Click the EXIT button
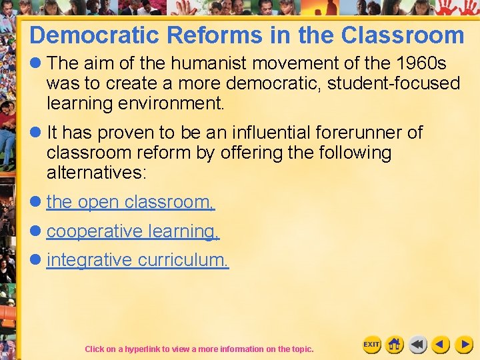tap(371, 345)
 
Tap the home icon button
tap(395, 345)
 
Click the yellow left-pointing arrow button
tap(440, 345)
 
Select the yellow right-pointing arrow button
tap(463, 345)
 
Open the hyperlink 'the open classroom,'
tap(131, 202)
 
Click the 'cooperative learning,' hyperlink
tap(133, 231)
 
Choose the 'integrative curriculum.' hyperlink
tap(137, 260)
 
